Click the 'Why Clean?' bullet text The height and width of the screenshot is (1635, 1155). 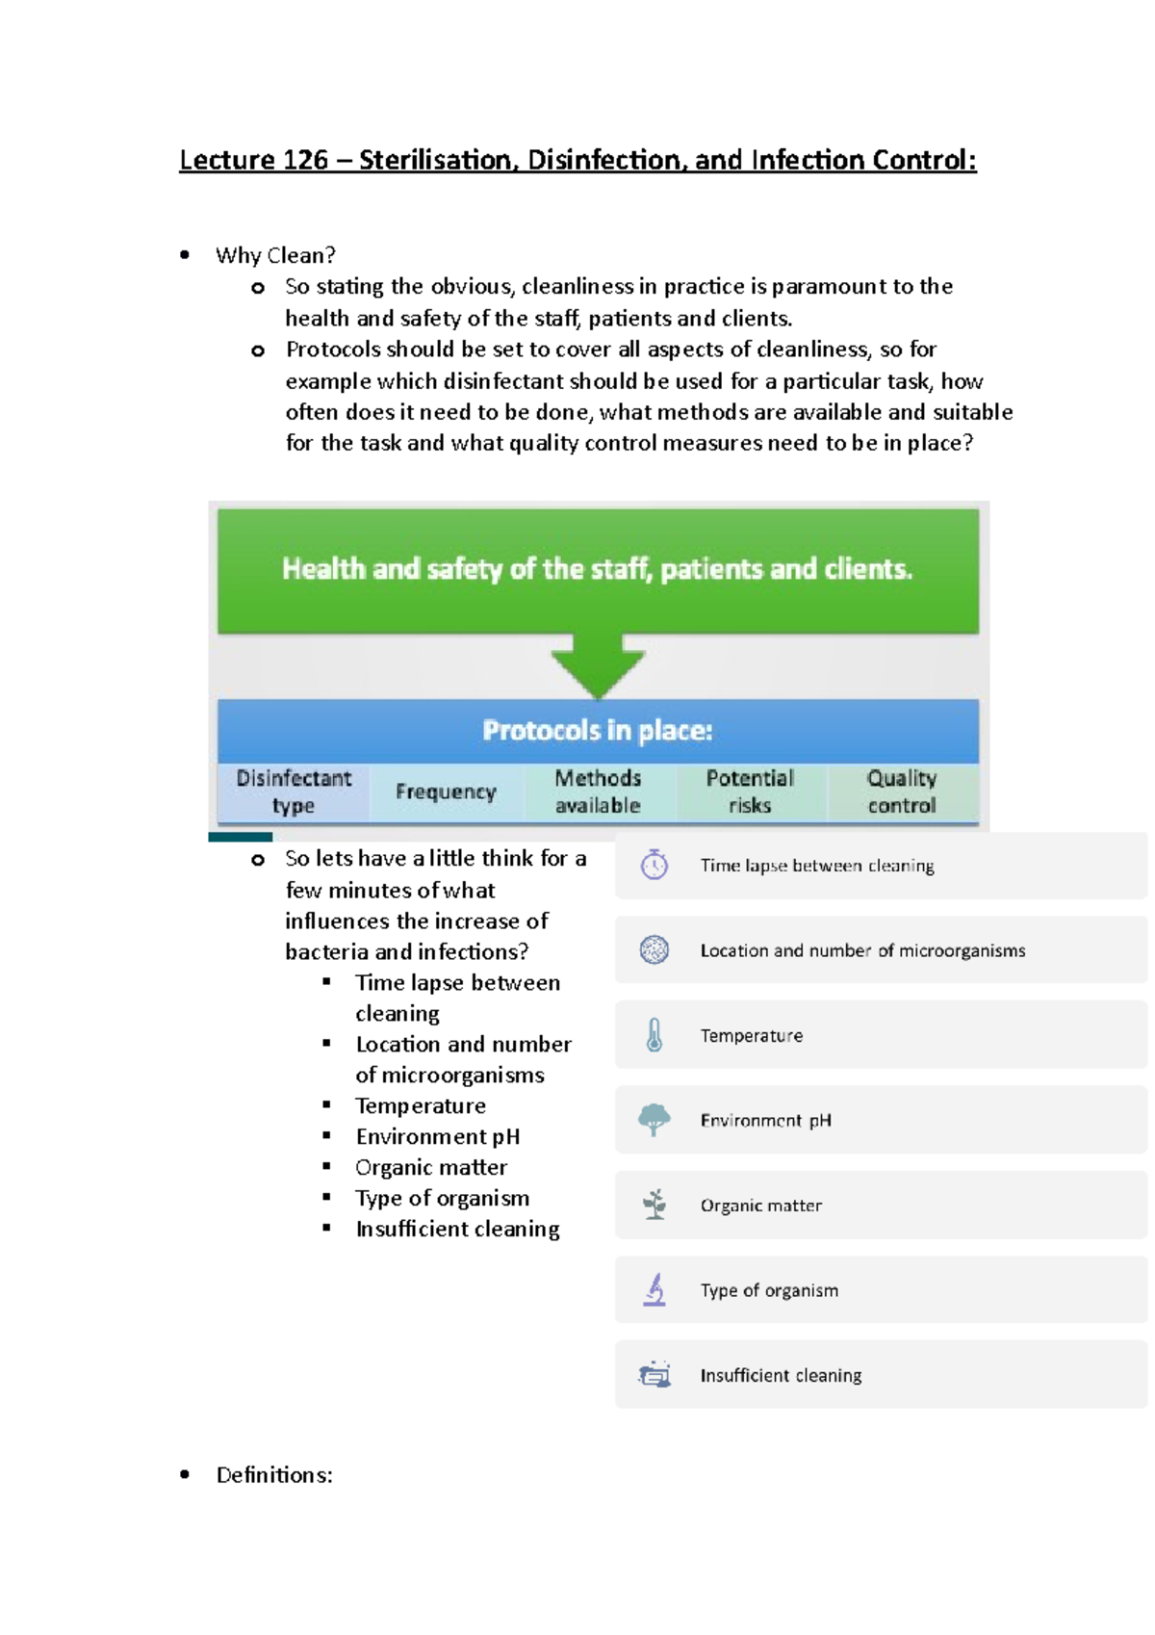[275, 255]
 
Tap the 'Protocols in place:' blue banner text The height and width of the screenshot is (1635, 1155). [598, 731]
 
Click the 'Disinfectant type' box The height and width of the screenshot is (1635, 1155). [294, 792]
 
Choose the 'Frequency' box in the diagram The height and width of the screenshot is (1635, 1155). [446, 792]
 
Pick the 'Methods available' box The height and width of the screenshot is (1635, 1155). [598, 792]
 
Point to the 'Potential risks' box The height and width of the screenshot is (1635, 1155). [750, 792]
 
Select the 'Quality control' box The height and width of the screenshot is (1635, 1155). [902, 792]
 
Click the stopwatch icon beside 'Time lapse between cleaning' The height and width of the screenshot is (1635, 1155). [654, 865]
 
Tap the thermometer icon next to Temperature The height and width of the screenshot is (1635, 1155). [654, 1035]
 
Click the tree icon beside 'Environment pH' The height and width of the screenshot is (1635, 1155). [654, 1120]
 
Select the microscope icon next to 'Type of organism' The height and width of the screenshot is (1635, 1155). [654, 1289]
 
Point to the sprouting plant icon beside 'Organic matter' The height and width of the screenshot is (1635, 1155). [654, 1205]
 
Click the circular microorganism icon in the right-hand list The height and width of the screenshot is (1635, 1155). [654, 950]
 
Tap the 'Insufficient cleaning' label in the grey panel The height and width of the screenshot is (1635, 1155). [781, 1375]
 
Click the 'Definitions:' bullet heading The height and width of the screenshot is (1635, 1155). [274, 1475]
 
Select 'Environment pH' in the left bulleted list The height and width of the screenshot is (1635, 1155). [438, 1136]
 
